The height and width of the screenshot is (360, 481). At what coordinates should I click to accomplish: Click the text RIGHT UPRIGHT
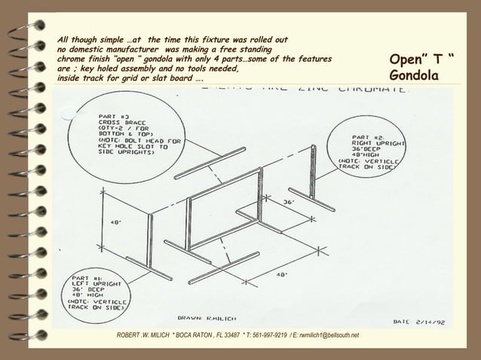(378, 142)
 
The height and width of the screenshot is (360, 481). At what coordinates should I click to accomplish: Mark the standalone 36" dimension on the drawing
(288, 202)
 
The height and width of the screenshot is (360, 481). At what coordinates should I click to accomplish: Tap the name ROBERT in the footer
(122, 335)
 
